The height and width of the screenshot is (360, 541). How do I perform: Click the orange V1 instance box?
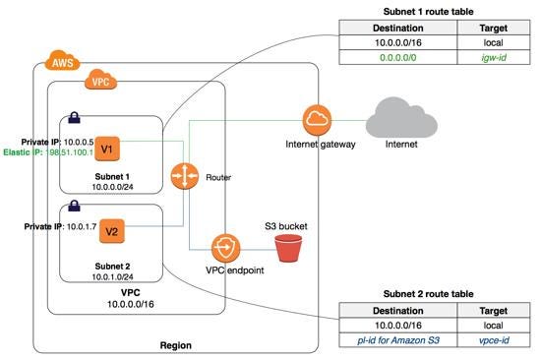point(110,149)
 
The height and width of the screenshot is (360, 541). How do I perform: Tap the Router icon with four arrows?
point(183,177)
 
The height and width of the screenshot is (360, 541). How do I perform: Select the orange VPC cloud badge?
point(100,83)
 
